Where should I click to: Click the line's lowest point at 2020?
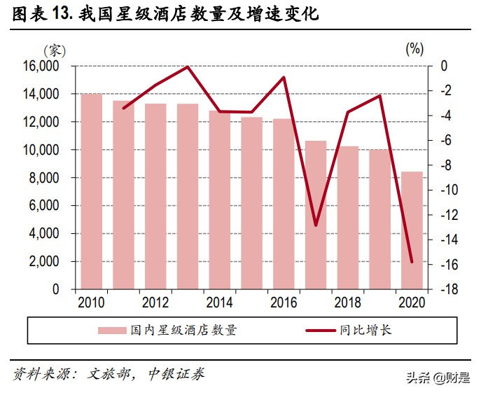click(x=412, y=263)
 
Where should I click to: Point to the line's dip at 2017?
click(x=315, y=226)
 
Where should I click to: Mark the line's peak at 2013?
click(x=188, y=67)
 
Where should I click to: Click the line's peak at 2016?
click(x=284, y=77)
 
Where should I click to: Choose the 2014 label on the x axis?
click(x=219, y=303)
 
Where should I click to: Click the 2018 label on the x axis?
click(x=347, y=303)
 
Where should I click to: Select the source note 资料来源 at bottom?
click(x=109, y=374)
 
